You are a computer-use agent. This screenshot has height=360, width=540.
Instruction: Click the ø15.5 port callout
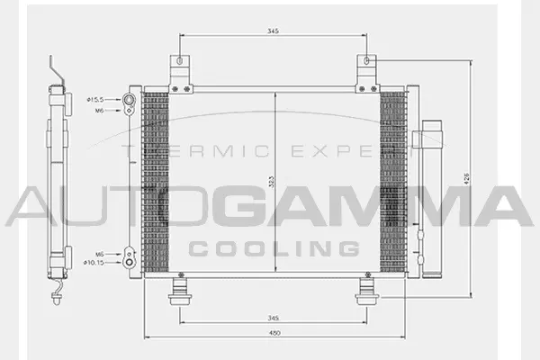tap(96, 99)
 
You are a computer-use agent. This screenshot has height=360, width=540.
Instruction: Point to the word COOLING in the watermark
tap(274, 247)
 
